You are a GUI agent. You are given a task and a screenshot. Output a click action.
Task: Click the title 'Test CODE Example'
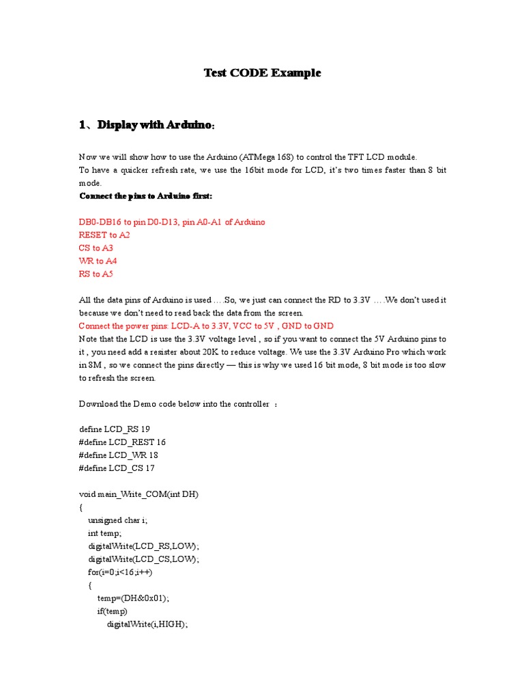click(263, 73)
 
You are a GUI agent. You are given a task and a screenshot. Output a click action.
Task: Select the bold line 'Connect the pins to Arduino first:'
click(146, 196)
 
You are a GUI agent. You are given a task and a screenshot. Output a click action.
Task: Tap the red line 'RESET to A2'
click(104, 235)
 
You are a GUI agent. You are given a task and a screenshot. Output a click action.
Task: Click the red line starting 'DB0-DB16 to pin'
click(173, 222)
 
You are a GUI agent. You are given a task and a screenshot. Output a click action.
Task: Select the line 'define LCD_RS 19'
click(114, 429)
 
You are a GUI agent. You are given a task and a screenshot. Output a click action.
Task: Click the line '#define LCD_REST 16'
click(123, 442)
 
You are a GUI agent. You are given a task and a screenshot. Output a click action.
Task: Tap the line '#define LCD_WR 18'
click(119, 455)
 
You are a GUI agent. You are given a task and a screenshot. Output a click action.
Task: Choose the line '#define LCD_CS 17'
click(118, 468)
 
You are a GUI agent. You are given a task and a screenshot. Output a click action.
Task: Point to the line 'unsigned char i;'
click(117, 520)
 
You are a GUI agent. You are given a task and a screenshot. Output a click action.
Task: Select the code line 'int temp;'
click(104, 533)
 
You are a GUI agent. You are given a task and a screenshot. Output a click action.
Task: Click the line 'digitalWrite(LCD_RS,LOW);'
click(143, 546)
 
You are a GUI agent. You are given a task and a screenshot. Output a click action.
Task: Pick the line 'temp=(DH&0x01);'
click(133, 598)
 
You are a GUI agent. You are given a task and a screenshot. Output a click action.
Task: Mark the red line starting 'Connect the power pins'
click(206, 326)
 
